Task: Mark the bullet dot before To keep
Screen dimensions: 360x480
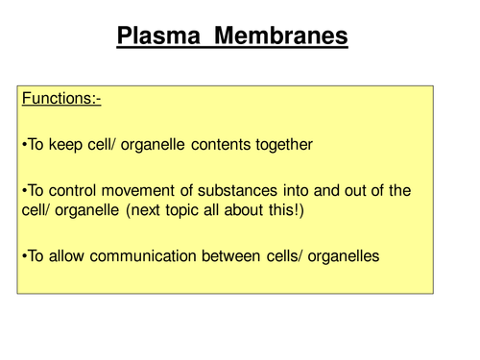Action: [x=23, y=146]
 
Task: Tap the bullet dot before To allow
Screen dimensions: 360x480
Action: [x=23, y=256]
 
